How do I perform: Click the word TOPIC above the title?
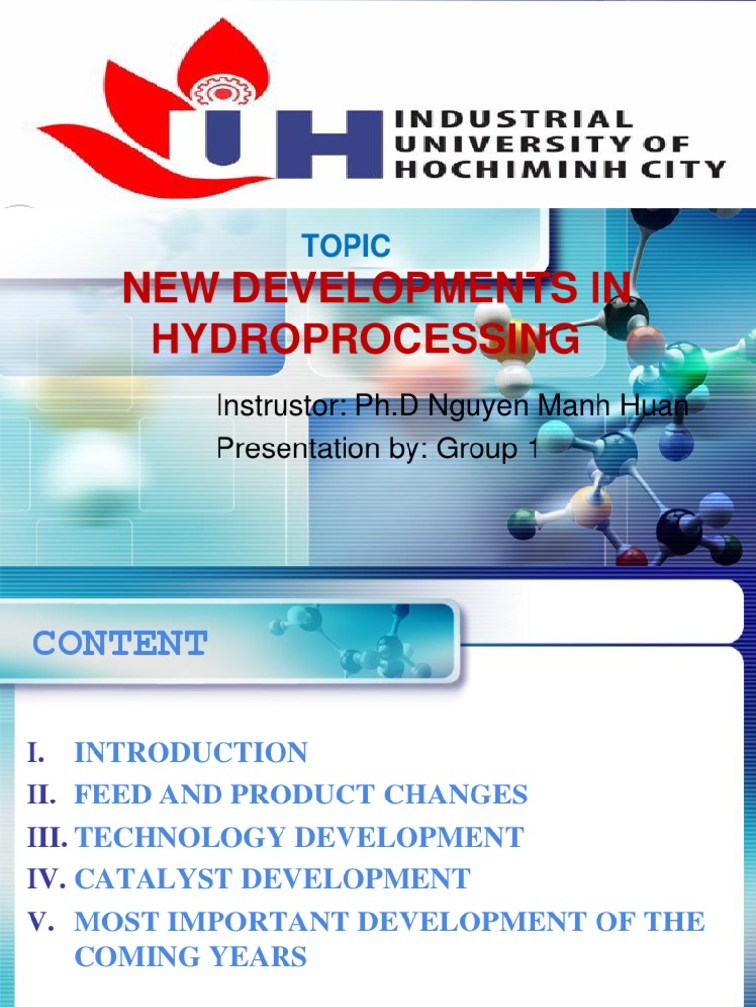tap(346, 246)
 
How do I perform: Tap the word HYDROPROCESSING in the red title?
tap(365, 339)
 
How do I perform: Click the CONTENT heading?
tap(120, 644)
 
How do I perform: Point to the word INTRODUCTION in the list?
tap(191, 753)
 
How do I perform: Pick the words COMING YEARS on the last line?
tap(191, 956)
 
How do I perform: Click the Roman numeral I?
tap(34, 753)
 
